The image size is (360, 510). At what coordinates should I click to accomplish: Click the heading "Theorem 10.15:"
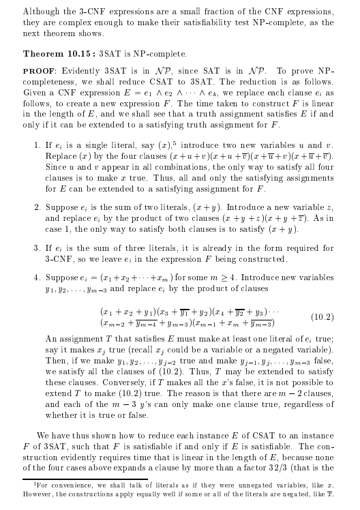pyautogui.click(x=59, y=52)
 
